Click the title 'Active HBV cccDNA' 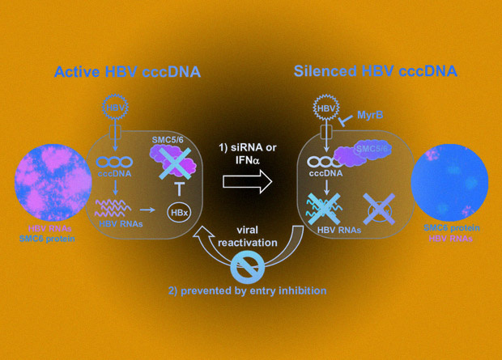[x=127, y=72]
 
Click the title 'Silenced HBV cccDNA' [x=376, y=71]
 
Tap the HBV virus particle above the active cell [x=116, y=107]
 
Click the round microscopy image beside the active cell [x=53, y=182]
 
